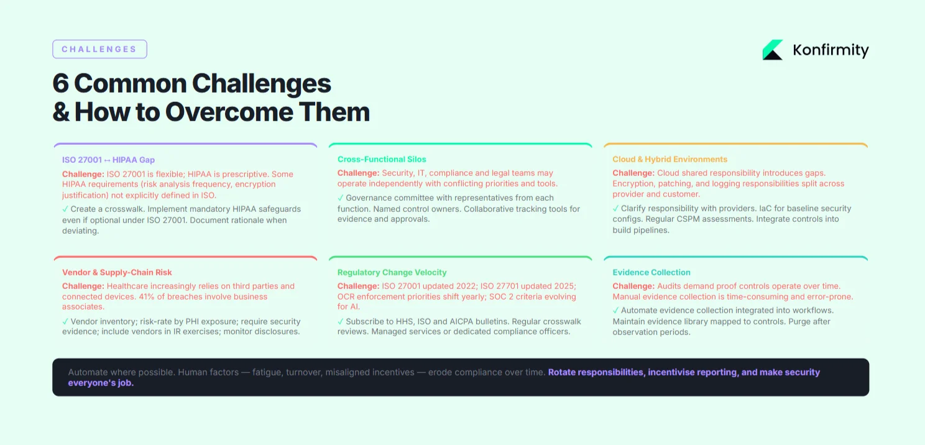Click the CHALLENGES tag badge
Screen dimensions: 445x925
pos(99,49)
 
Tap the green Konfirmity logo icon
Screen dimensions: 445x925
pos(772,50)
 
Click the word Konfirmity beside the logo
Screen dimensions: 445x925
pos(831,50)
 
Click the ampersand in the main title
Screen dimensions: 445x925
pos(61,112)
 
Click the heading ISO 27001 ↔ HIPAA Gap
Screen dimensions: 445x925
pos(108,160)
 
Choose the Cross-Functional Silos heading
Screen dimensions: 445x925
pos(382,159)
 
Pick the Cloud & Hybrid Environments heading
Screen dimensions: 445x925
pos(670,159)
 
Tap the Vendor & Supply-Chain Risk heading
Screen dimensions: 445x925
pos(117,272)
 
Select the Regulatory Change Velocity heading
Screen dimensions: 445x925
pos(392,272)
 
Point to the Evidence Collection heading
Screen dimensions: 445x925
pos(651,272)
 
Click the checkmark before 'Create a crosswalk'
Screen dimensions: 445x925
pos(65,209)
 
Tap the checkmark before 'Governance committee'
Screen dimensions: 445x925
pos(341,198)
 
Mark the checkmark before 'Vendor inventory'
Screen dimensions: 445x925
pos(65,321)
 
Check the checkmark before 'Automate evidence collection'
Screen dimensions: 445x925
pos(615,310)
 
